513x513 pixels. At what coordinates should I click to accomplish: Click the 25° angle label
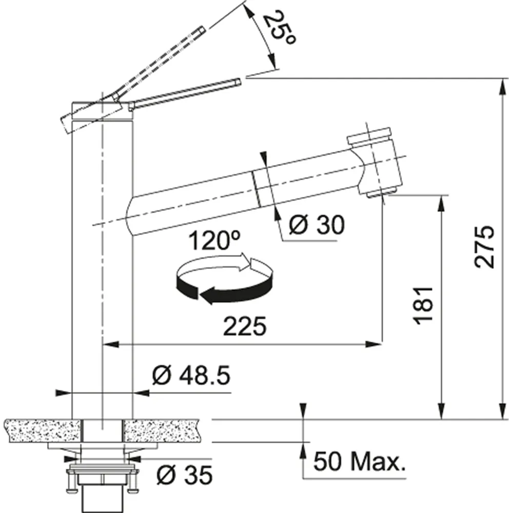279,29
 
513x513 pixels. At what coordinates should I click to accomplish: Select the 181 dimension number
424,306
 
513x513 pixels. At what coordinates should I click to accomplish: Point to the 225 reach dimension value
245,326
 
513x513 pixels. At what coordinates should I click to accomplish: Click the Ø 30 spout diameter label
317,225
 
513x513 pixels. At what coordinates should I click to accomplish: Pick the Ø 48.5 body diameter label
191,376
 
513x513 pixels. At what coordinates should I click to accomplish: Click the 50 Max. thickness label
359,461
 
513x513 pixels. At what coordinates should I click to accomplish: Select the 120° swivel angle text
214,241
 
